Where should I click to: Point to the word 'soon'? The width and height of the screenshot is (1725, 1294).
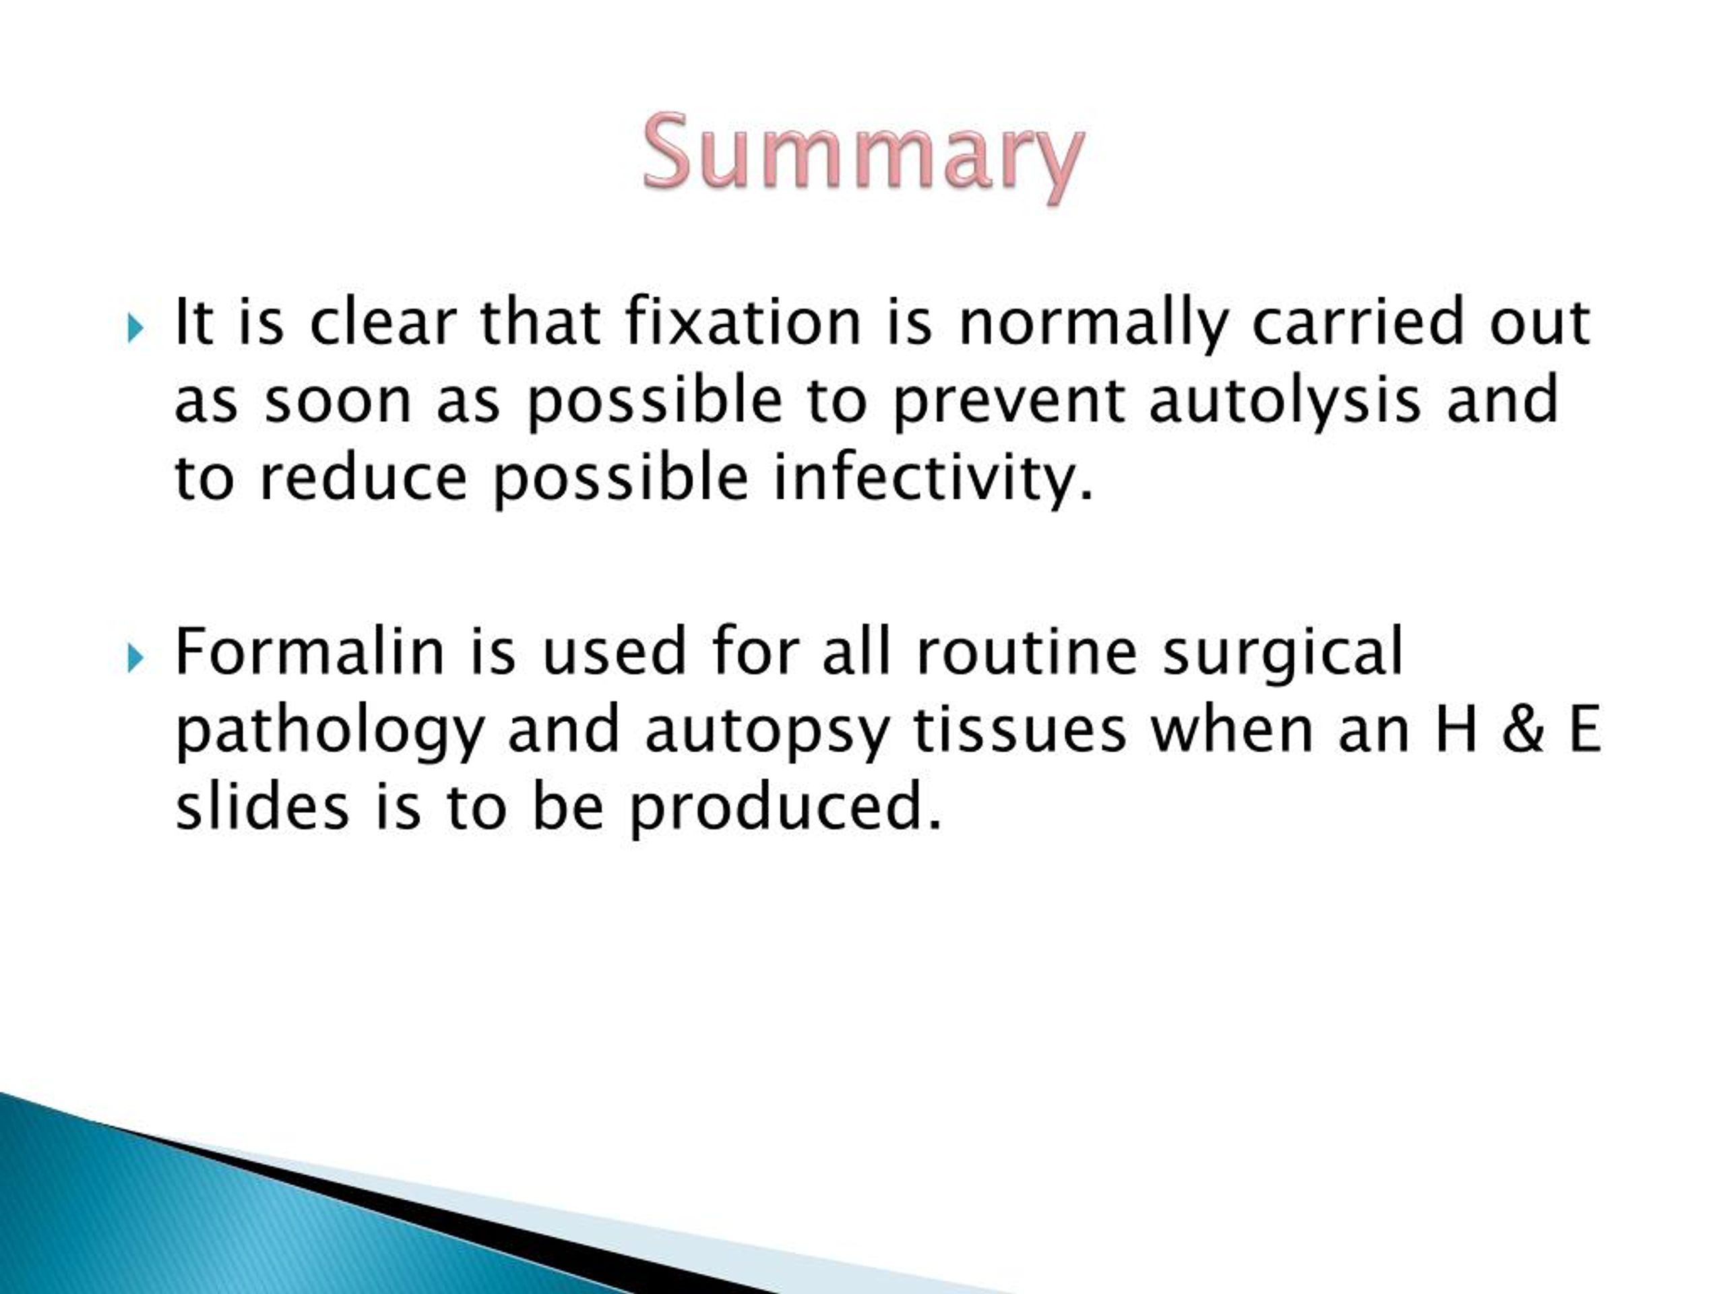click(x=338, y=401)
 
